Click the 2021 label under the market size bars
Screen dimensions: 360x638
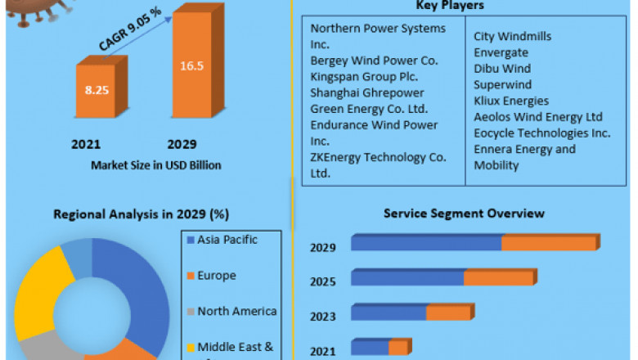pyautogui.click(x=86, y=144)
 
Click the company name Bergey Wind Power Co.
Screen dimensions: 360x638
pyautogui.click(x=375, y=61)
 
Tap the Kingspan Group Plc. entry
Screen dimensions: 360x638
pyautogui.click(x=364, y=76)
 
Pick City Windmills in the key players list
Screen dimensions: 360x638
pyautogui.click(x=513, y=37)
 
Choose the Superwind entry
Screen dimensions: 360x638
pyautogui.click(x=502, y=84)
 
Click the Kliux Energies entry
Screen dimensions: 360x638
pyautogui.click(x=511, y=101)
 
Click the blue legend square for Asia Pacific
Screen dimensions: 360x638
pyautogui.click(x=191, y=241)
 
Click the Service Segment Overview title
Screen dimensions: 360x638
pyautogui.click(x=464, y=214)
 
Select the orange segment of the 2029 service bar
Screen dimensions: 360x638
pyautogui.click(x=549, y=243)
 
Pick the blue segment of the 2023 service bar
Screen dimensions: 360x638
pyautogui.click(x=389, y=313)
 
